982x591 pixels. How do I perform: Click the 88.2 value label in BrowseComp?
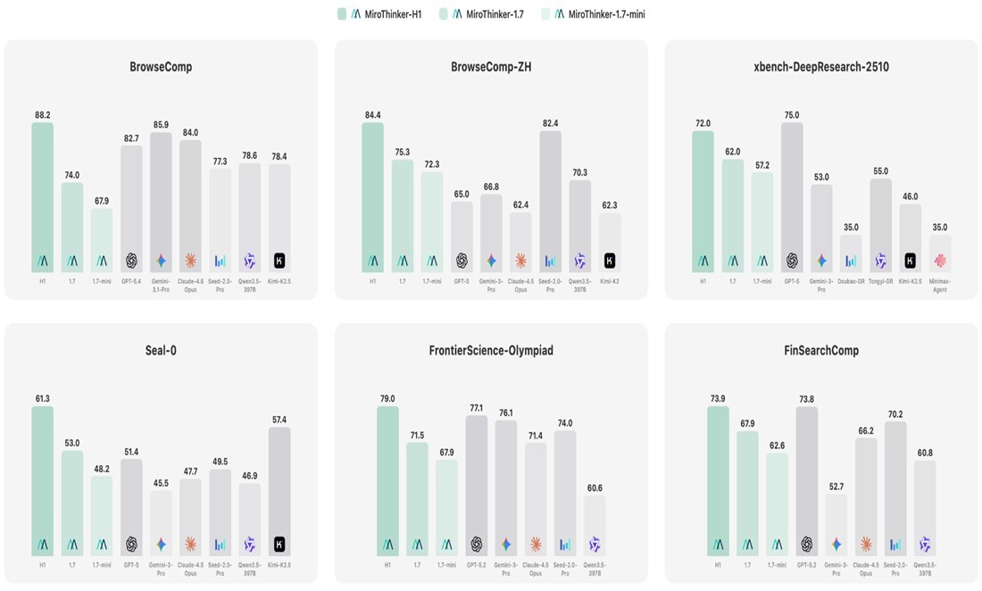click(x=43, y=114)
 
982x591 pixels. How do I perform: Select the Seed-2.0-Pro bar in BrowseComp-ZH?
click(x=550, y=202)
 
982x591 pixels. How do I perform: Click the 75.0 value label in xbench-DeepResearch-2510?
click(x=792, y=114)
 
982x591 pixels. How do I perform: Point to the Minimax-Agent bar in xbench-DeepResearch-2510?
click(x=939, y=254)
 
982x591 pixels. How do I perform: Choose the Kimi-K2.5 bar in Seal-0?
click(x=279, y=491)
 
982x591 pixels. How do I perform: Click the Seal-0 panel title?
click(x=161, y=351)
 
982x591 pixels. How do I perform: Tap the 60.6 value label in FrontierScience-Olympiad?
click(x=595, y=487)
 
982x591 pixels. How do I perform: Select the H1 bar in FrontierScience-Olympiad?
click(x=387, y=482)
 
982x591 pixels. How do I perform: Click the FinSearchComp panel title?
click(x=820, y=351)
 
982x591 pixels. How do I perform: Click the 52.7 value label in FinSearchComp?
click(x=836, y=486)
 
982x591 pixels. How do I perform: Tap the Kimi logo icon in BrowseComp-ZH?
click(x=610, y=262)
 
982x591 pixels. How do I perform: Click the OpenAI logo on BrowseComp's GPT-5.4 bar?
click(x=131, y=262)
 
